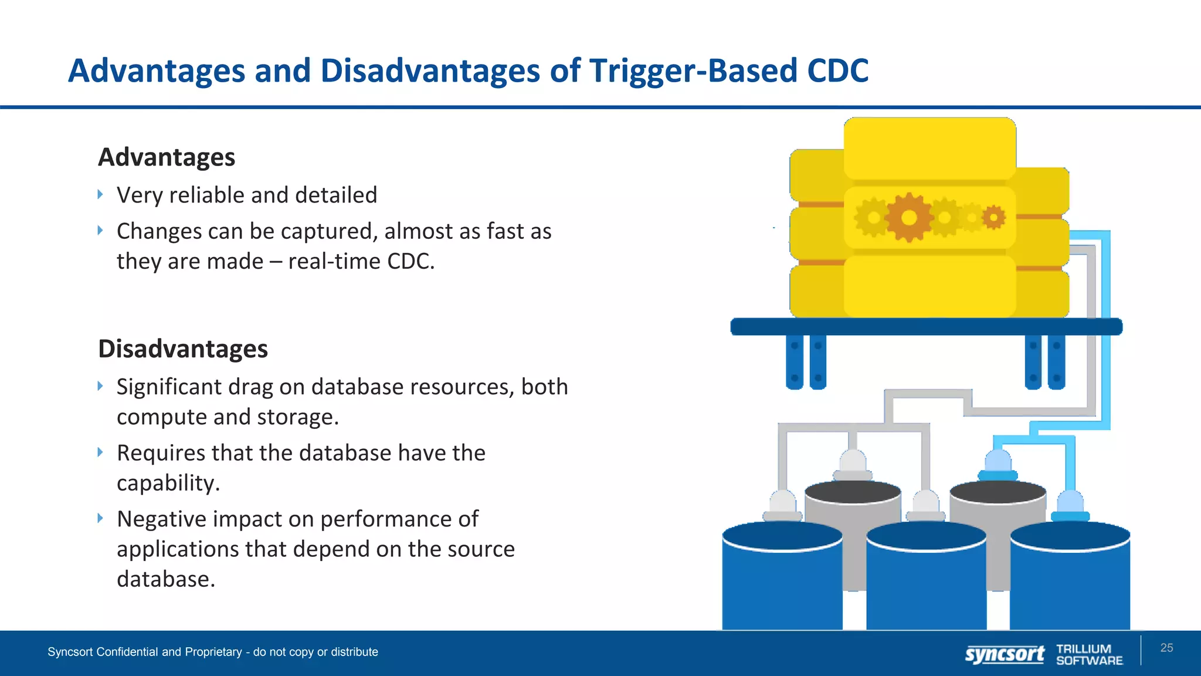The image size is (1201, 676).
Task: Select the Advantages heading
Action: pyautogui.click(x=167, y=157)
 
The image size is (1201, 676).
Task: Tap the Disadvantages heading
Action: pyautogui.click(x=183, y=349)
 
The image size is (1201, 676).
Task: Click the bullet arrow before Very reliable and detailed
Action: pyautogui.click(x=100, y=194)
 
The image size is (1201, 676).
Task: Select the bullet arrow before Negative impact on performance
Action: pyautogui.click(x=100, y=518)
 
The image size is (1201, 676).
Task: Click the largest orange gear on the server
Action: pyautogui.click(x=909, y=218)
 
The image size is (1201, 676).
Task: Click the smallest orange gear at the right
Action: pyautogui.click(x=993, y=218)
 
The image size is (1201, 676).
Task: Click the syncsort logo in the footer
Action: pyautogui.click(x=1005, y=654)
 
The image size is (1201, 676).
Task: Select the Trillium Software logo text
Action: pyautogui.click(x=1089, y=654)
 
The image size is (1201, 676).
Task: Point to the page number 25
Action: pyautogui.click(x=1166, y=648)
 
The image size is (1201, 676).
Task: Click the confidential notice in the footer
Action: pyautogui.click(x=213, y=652)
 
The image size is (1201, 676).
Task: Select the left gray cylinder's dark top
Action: pyautogui.click(x=853, y=492)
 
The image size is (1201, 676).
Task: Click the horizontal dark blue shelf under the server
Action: pyautogui.click(x=927, y=327)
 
